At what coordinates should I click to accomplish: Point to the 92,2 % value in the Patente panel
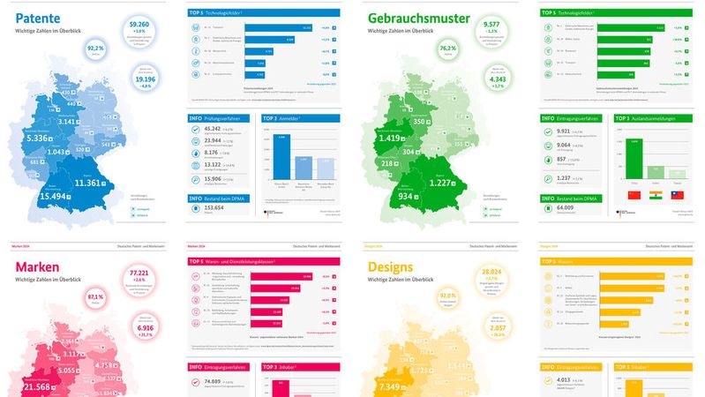tap(95, 48)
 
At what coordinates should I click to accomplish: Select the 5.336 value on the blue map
tap(41, 138)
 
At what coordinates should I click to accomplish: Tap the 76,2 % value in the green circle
tap(448, 48)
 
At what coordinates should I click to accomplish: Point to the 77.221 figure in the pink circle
tap(139, 274)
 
